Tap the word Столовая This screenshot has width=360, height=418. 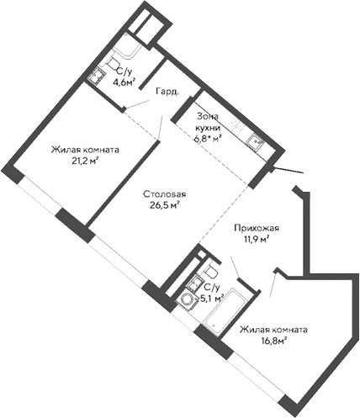(163, 194)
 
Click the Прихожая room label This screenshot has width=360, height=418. (256, 228)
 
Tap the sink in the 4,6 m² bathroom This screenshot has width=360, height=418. (96, 77)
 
